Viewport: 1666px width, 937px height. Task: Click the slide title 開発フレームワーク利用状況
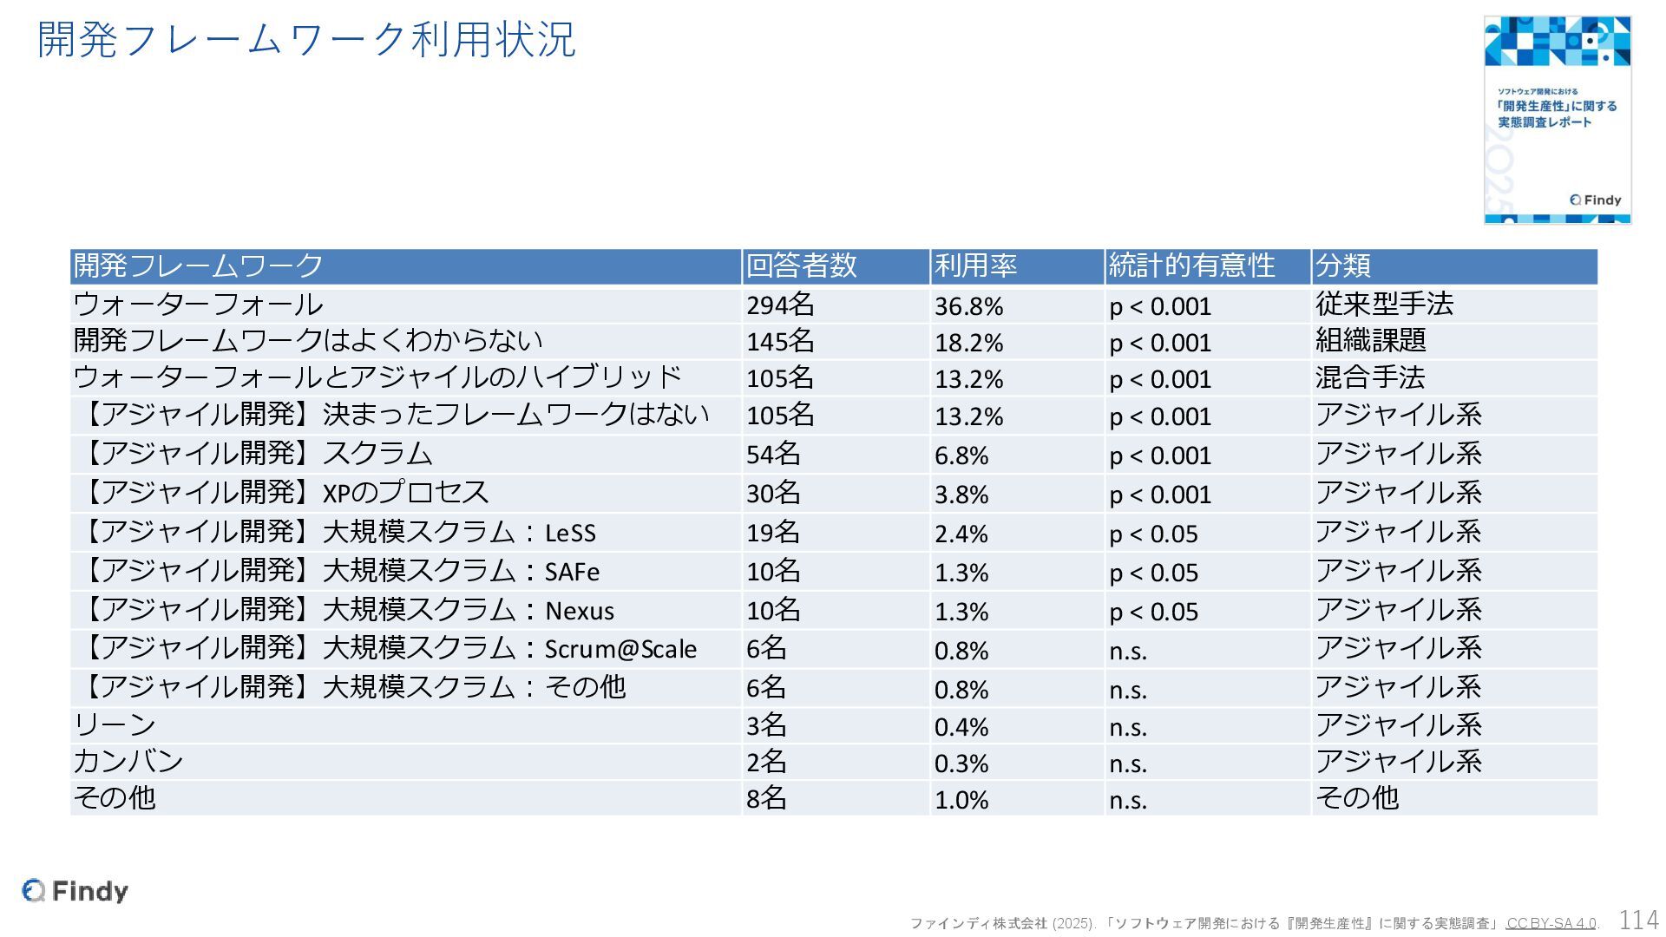(x=306, y=40)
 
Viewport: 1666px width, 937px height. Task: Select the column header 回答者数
(x=801, y=265)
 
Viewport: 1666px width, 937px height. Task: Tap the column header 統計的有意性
(x=1191, y=265)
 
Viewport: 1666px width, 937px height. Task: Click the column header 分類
(x=1342, y=265)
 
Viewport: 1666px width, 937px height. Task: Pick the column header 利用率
(x=975, y=265)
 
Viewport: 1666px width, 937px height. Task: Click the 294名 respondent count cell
(x=780, y=305)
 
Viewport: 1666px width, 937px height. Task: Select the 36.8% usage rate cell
(x=968, y=306)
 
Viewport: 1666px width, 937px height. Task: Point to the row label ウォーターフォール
(x=199, y=305)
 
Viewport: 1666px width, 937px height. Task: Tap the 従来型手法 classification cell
(x=1384, y=305)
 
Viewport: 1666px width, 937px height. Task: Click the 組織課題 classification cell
(x=1370, y=341)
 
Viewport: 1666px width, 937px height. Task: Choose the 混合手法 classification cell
(x=1370, y=377)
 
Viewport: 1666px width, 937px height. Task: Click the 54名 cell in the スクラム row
(x=773, y=454)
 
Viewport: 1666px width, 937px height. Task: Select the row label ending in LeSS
(x=338, y=532)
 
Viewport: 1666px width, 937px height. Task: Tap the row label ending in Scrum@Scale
(x=390, y=649)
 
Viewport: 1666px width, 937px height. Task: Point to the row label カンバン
(x=128, y=761)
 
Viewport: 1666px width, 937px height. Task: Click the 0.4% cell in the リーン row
(x=961, y=726)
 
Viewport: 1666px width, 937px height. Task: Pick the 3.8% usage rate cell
(x=961, y=494)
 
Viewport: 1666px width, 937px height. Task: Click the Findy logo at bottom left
(x=75, y=891)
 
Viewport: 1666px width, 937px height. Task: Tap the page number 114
(x=1638, y=920)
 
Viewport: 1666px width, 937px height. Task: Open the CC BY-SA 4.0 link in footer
(x=1551, y=923)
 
